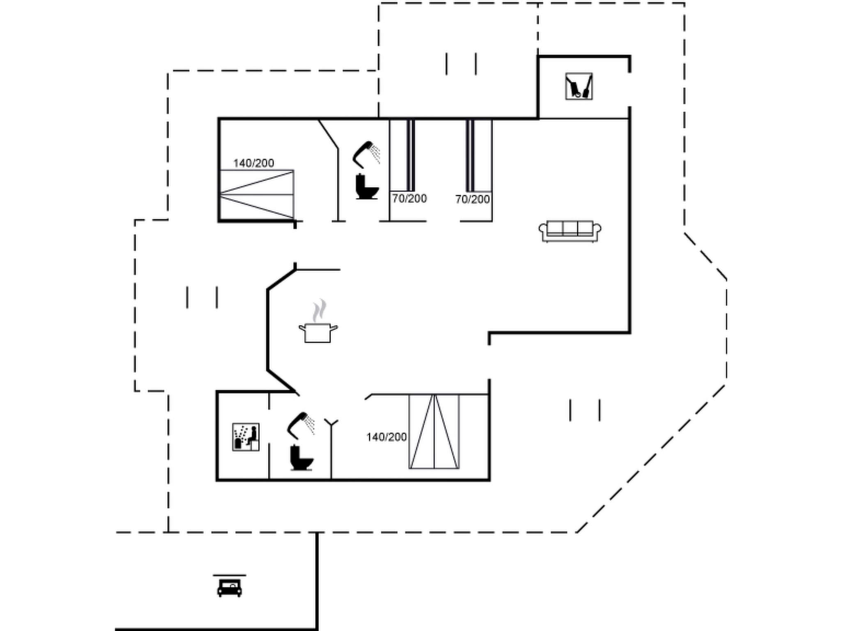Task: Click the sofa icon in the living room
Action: [570, 231]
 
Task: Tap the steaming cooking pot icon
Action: [318, 332]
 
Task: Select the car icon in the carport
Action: [229, 587]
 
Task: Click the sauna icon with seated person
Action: [246, 437]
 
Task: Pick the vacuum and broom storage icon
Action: [579, 86]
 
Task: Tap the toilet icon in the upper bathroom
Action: [366, 187]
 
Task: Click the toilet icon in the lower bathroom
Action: [301, 458]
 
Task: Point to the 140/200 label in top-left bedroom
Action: [253, 163]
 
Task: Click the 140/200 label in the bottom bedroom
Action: [386, 437]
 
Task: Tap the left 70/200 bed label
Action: [409, 198]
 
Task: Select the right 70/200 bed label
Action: [472, 199]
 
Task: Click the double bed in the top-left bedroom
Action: [257, 194]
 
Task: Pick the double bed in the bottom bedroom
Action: [434, 431]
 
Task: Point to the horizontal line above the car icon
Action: [229, 575]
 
